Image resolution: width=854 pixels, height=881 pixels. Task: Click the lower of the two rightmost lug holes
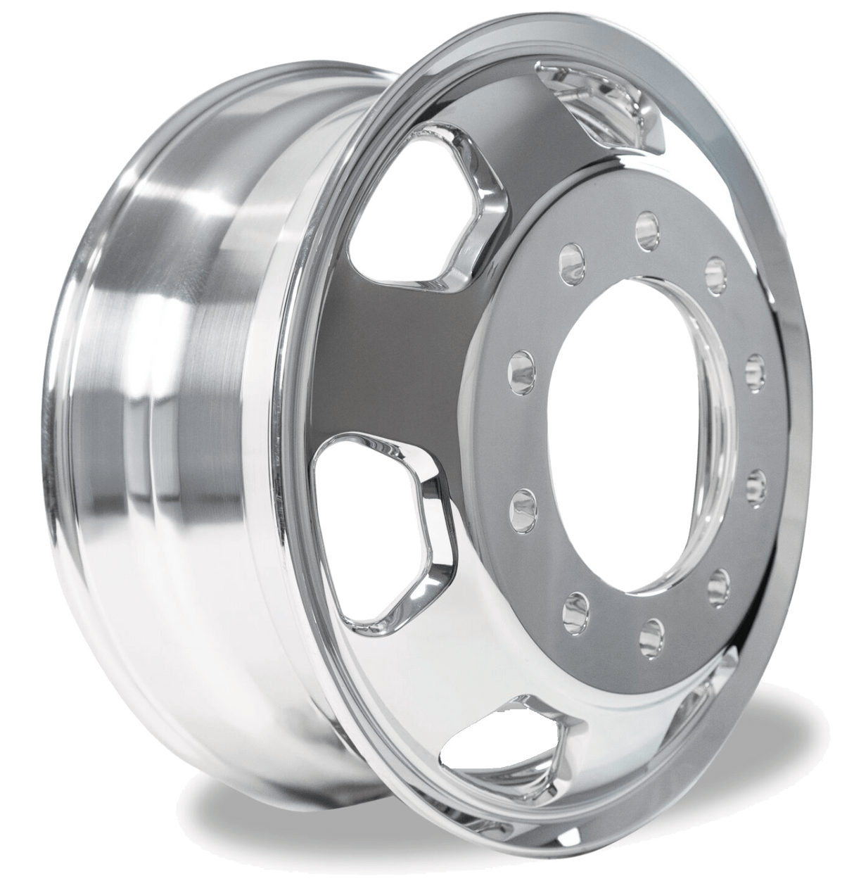click(756, 484)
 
